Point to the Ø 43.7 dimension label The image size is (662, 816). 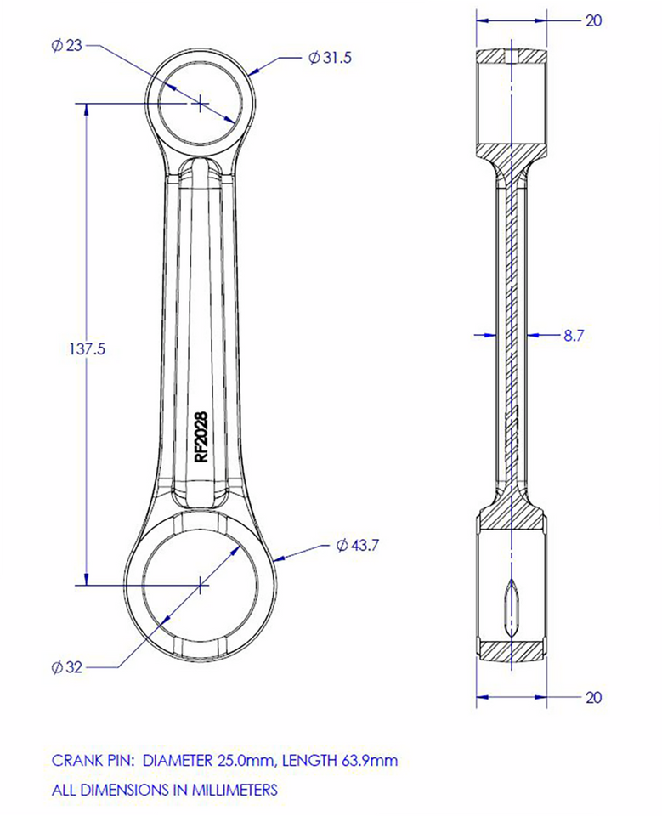coord(357,544)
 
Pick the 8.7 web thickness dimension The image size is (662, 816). coord(574,335)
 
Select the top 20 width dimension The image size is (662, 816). coord(593,20)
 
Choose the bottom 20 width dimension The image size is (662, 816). coord(593,697)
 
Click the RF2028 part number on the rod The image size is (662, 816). coord(201,437)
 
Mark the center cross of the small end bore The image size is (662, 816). coord(199,103)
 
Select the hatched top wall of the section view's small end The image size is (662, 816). coord(511,56)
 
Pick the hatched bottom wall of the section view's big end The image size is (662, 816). coord(511,650)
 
